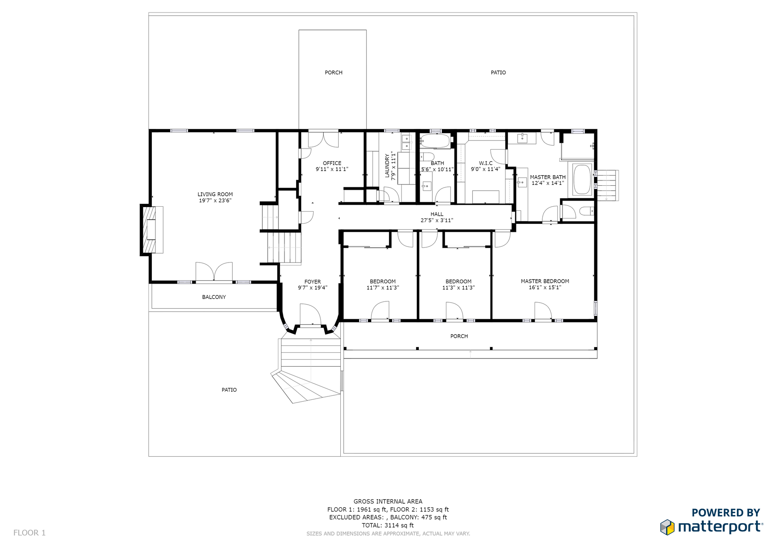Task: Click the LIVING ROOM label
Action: [215, 194]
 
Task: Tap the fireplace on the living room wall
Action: [152, 230]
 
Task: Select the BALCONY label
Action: [214, 297]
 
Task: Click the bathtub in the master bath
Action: [582, 179]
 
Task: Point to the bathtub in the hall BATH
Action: [435, 141]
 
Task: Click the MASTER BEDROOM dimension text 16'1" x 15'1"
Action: [545, 288]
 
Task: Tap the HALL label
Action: [437, 214]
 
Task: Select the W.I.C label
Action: [486, 163]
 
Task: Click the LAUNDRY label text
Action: [387, 165]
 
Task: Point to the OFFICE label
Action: [332, 163]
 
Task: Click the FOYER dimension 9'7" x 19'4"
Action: [312, 288]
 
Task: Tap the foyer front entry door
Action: [310, 315]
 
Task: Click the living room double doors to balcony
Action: [214, 271]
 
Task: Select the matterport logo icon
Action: [667, 527]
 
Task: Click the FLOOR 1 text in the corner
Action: [30, 533]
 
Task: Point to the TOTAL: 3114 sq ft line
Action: [388, 525]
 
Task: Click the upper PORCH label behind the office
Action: [333, 72]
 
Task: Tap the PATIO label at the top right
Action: [498, 72]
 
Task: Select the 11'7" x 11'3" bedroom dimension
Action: [382, 288]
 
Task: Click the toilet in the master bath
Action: [586, 211]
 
